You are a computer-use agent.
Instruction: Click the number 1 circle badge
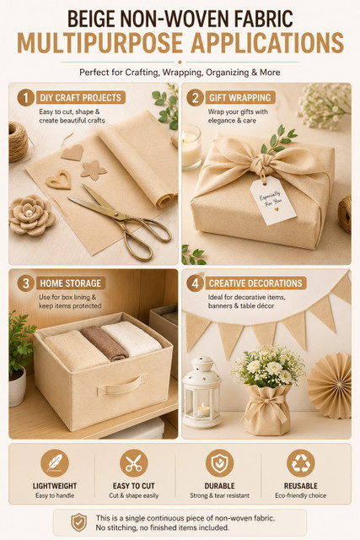[x=25, y=98]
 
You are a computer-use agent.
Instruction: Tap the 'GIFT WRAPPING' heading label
[x=240, y=98]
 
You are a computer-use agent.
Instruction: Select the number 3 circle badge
[x=25, y=283]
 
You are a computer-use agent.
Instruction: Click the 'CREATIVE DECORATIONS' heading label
[x=255, y=283]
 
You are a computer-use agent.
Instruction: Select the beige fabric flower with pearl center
[x=31, y=215]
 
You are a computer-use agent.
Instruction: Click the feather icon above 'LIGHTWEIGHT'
[x=55, y=463]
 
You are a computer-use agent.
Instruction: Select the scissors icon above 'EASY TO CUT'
[x=134, y=463]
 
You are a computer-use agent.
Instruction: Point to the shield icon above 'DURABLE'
[x=219, y=463]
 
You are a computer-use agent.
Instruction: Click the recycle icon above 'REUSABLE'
[x=301, y=463]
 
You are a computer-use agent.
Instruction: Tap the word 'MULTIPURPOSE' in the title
[x=99, y=43]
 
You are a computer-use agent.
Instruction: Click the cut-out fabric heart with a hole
[x=59, y=180]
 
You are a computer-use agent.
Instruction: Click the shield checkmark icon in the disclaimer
[x=78, y=522]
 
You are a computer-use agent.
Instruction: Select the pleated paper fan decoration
[x=330, y=386]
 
